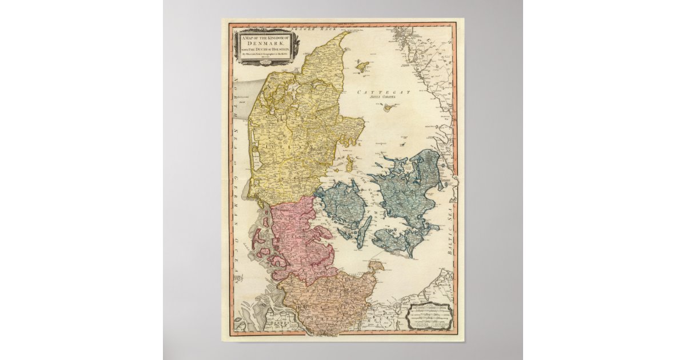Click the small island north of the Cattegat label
361,66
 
